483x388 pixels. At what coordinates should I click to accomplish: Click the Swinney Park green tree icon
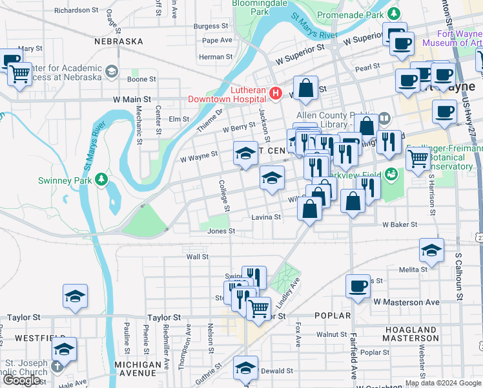coord(101,178)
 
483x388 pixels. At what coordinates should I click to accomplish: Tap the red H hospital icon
coord(276,94)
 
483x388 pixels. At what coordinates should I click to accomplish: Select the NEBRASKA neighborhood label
coord(118,41)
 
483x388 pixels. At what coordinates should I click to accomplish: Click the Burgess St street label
coord(207,27)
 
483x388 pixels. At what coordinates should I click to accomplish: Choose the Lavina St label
coord(266,217)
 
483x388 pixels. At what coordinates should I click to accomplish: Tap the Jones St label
coord(221,231)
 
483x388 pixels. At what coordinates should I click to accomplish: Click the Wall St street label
coord(197,257)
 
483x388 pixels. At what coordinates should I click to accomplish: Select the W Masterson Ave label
coord(406,302)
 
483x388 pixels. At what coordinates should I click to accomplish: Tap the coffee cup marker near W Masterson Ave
coord(358,286)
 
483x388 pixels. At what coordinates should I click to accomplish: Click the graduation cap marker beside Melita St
coord(431,250)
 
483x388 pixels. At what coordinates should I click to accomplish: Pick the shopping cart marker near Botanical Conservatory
coord(418,157)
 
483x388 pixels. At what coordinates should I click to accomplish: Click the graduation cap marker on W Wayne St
coord(245,153)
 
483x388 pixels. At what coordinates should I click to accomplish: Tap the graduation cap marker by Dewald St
coord(245,368)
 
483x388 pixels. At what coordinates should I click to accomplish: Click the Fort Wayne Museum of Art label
coord(451,38)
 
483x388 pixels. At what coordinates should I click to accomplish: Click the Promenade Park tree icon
coord(393,13)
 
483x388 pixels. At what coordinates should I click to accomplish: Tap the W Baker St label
coord(400,224)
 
